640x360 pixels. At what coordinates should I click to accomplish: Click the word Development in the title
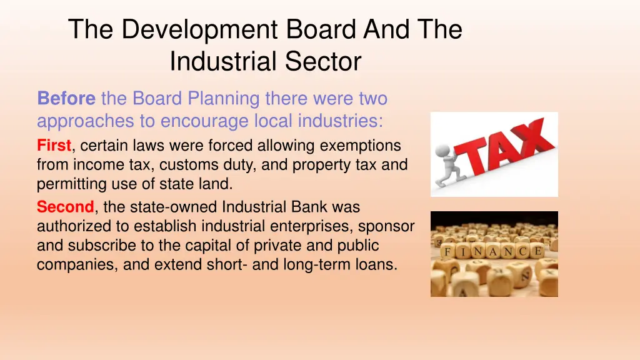pyautogui.click(x=199, y=29)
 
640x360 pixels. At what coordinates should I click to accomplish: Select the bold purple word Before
pyautogui.click(x=66, y=99)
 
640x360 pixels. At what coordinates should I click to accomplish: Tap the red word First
pyautogui.click(x=54, y=146)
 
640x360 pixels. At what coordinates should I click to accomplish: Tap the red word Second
pyautogui.click(x=65, y=206)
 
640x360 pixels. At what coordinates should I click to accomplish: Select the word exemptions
pyautogui.click(x=361, y=146)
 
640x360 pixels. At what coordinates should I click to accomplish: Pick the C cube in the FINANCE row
pyautogui.click(x=522, y=252)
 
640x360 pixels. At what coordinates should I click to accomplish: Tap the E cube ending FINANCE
pyautogui.click(x=537, y=251)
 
